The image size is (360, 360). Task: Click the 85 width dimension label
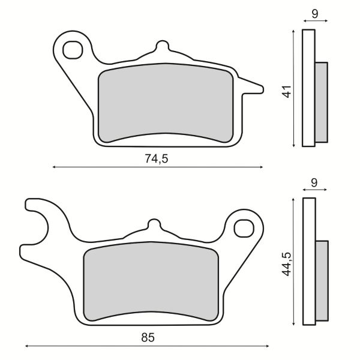click(148, 337)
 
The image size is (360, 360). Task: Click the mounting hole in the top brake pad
click(73, 49)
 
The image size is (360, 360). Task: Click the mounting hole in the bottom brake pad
click(244, 228)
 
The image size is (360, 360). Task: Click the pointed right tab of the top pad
click(254, 89)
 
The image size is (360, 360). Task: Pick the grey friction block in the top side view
click(322, 102)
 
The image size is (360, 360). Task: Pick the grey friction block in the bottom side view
click(322, 281)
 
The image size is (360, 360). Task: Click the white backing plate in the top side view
click(308, 88)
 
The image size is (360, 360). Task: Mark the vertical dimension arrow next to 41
click(293, 88)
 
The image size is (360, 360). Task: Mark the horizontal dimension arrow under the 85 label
click(147, 347)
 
